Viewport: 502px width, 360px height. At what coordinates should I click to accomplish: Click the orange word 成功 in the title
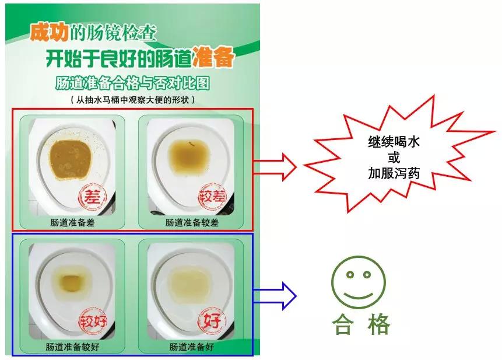(48, 33)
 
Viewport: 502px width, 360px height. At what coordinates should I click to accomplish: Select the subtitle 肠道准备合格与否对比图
(132, 82)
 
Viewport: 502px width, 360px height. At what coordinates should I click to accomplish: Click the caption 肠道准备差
(72, 222)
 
